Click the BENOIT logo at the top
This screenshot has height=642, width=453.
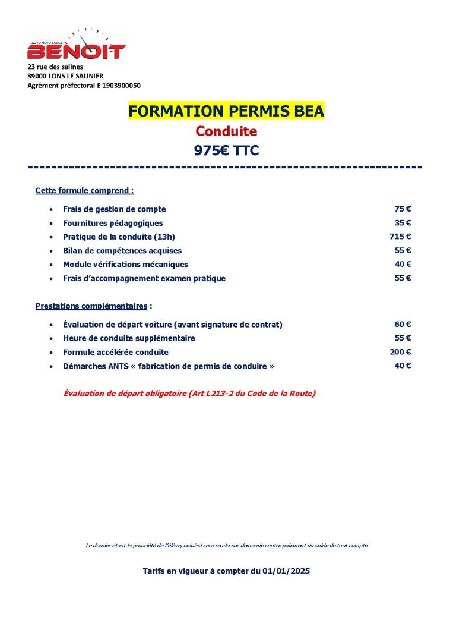pos(77,48)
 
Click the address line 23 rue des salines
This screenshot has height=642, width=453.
pos(55,67)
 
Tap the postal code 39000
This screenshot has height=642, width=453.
pos(37,76)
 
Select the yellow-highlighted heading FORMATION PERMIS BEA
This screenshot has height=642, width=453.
pos(226,111)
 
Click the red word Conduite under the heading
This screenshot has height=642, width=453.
pos(226,131)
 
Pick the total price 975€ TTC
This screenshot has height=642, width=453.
pos(226,150)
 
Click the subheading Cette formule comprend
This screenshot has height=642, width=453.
pos(84,191)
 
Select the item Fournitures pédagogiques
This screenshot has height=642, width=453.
pos(113,223)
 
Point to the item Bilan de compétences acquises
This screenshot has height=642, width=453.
pos(122,251)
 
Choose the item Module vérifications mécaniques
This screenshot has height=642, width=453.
pos(125,265)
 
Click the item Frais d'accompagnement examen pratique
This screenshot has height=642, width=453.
pos(144,278)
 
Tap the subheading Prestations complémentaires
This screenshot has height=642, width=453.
pos(91,306)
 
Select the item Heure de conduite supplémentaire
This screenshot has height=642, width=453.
pos(129,338)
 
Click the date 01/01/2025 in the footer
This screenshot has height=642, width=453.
pos(287,571)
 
